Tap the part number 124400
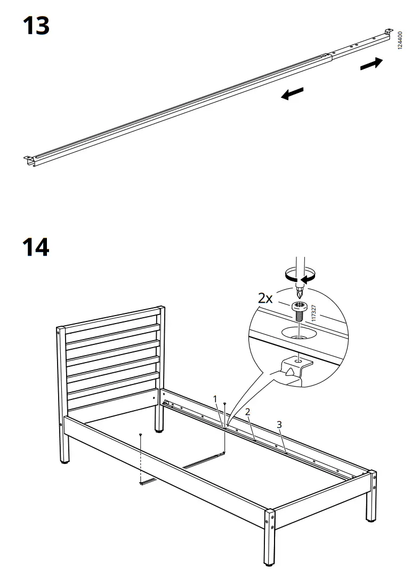pos(400,41)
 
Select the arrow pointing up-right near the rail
pos(371,64)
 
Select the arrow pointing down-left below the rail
pos(292,94)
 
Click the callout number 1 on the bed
pos(215,399)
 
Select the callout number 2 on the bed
pos(247,412)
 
